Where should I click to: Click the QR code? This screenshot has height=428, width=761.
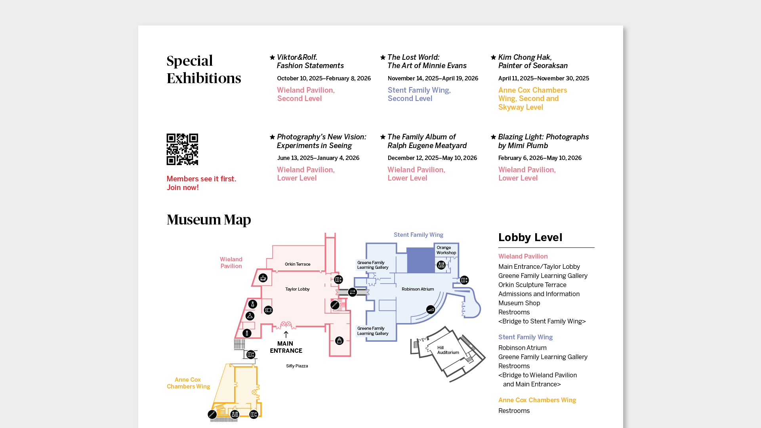pos(182,149)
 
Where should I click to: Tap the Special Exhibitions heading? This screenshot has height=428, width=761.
pos(204,69)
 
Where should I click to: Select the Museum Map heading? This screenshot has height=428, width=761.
pos(209,219)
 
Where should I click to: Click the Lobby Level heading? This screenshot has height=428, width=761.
pos(530,237)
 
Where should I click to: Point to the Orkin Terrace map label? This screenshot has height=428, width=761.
pos(298,264)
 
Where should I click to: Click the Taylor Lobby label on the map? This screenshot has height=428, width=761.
pos(297,289)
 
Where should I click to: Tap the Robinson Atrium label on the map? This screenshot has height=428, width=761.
pos(418,289)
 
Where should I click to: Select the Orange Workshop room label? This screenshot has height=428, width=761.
pos(446,250)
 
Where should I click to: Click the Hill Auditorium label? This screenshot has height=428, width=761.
pos(448,350)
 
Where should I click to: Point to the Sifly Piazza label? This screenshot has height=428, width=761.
pos(297,366)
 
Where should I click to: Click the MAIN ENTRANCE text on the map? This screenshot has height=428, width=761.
pos(286,347)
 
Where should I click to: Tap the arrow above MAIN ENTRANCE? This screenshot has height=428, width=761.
pos(286,335)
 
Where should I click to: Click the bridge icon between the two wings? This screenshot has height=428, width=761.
pos(352,292)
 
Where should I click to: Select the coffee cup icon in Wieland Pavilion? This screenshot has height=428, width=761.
pos(263,278)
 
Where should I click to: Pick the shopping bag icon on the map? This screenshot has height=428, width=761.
pos(339,340)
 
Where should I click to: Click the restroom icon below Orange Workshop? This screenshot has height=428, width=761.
pos(441,265)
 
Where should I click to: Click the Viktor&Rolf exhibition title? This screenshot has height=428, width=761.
pos(310,61)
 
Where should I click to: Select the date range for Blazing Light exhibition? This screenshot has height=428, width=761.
pos(540,158)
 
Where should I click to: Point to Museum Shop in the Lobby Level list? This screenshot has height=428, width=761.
pos(519,303)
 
